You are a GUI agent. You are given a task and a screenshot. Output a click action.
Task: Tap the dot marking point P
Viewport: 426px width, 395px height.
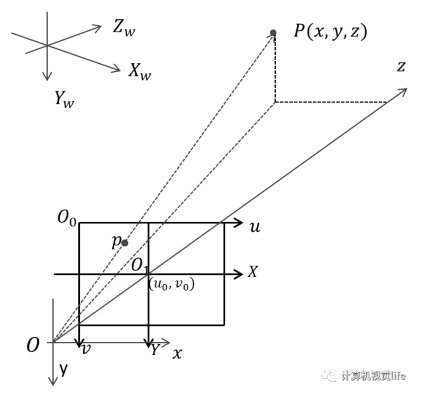[273, 32]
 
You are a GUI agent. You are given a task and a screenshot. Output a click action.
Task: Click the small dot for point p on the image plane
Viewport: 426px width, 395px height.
[125, 243]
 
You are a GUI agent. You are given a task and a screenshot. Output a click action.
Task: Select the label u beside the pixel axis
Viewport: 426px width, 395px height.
[255, 227]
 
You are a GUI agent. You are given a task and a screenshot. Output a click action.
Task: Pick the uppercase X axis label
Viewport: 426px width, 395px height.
[252, 272]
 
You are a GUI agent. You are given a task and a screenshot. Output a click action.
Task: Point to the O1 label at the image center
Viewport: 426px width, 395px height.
[139, 266]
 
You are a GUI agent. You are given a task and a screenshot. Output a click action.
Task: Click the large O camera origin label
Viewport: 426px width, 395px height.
[33, 346]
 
